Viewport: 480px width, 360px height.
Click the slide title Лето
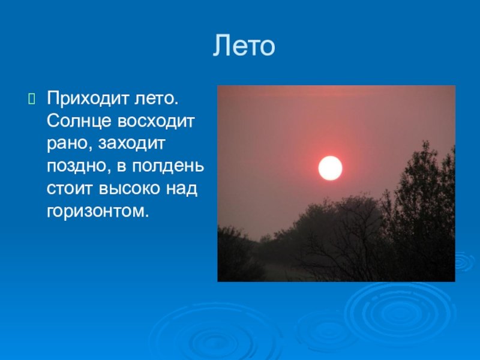pyautogui.click(x=244, y=46)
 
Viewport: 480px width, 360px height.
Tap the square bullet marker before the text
pyautogui.click(x=32, y=99)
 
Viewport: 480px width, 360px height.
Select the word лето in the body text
pyautogui.click(x=156, y=98)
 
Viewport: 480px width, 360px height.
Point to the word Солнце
pyautogui.click(x=79, y=122)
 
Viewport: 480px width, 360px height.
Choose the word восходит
pyautogui.click(x=156, y=122)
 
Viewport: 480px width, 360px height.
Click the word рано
pyautogui.click(x=70, y=144)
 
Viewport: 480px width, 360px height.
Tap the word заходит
pyautogui.click(x=131, y=143)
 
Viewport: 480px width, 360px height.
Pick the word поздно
pyautogui.click(x=80, y=167)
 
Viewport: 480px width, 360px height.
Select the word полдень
pyautogui.click(x=168, y=167)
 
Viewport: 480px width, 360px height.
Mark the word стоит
pyautogui.click(x=70, y=188)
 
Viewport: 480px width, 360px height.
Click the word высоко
pyautogui.click(x=130, y=188)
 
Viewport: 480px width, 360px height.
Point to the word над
pyautogui.click(x=182, y=188)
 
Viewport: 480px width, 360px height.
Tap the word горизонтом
pyautogui.click(x=98, y=212)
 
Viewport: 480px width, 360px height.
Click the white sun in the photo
pyautogui.click(x=331, y=168)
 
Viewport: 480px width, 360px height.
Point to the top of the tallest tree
pyautogui.click(x=426, y=142)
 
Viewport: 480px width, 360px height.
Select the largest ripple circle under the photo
pyautogui.click(x=398, y=312)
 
